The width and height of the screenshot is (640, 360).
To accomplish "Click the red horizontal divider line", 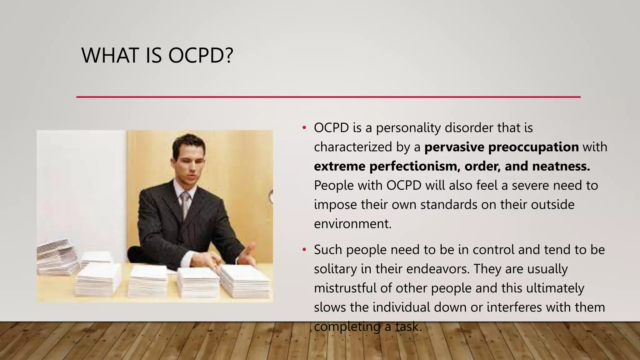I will coord(328,97).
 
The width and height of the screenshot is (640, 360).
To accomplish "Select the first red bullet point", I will coord(304,128).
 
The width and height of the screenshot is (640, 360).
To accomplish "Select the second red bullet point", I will coord(304,250).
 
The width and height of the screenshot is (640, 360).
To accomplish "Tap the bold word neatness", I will coord(561,166).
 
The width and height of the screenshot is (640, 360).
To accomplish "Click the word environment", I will coord(352,224).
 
